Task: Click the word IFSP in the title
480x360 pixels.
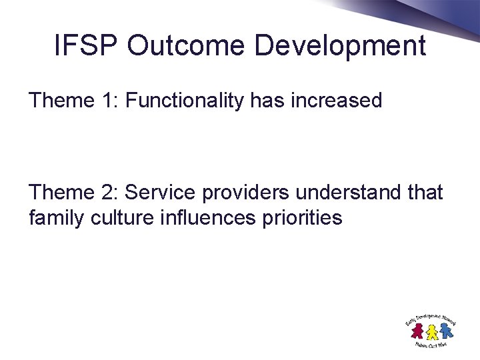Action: tap(85, 46)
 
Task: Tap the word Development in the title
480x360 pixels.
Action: tap(341, 46)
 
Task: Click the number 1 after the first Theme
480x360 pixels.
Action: tap(107, 101)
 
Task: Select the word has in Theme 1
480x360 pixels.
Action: tap(264, 101)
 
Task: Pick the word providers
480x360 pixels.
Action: tap(245, 193)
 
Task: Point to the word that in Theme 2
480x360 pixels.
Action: tap(425, 193)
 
